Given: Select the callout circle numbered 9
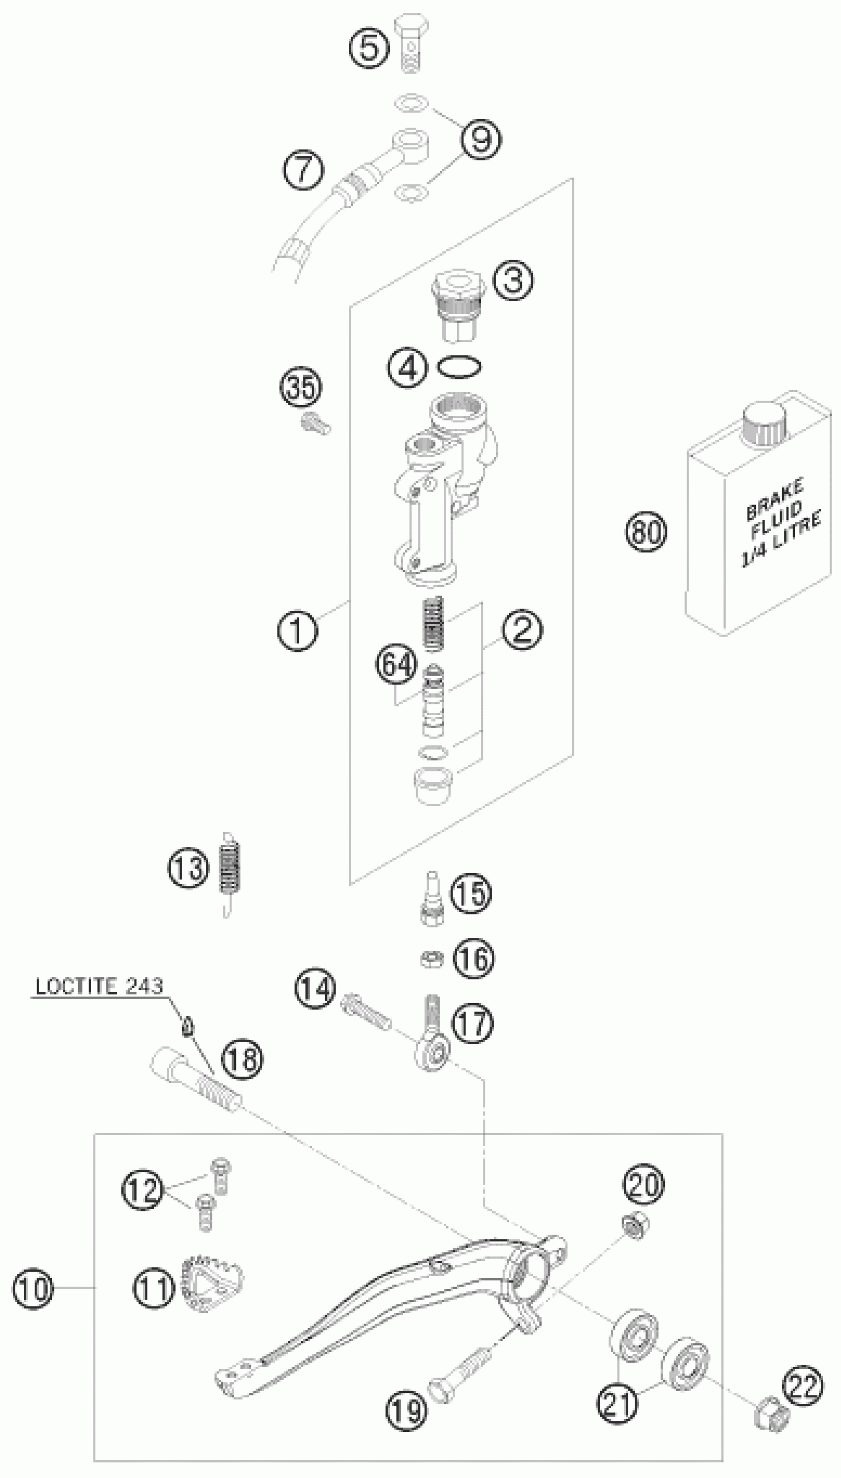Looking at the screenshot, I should (480, 139).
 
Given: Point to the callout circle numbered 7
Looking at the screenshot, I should (303, 170).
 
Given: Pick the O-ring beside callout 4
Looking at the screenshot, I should (459, 367).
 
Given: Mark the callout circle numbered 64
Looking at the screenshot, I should (396, 665).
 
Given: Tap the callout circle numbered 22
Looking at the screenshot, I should (802, 1386).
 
